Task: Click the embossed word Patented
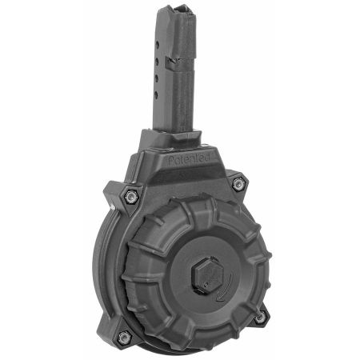pos(189,161)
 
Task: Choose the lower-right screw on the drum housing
pos(258,318)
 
